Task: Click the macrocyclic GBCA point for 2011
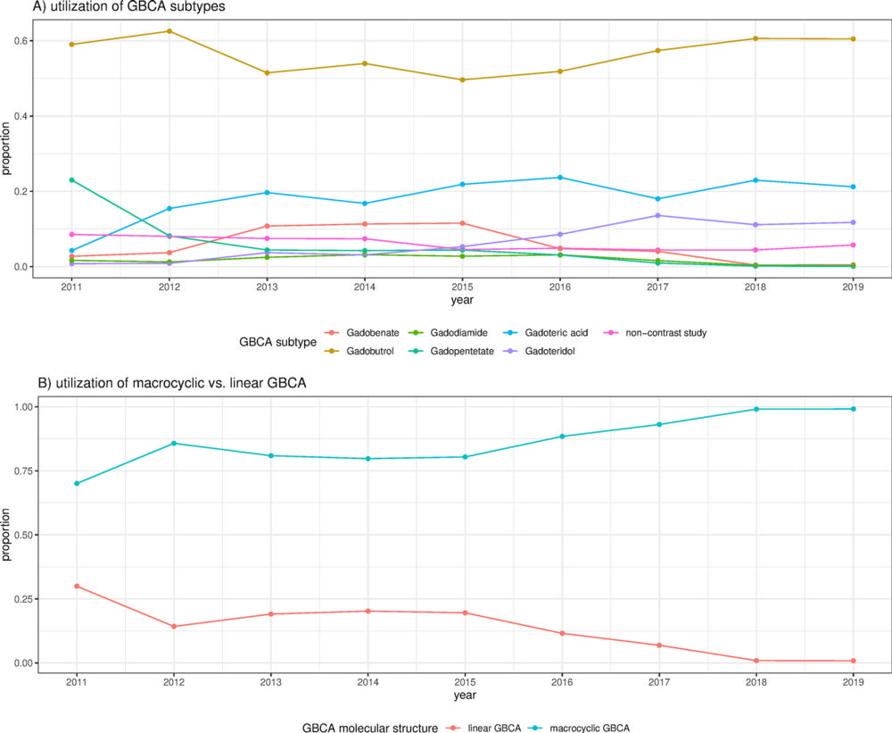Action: [76, 483]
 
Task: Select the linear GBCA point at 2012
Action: [173, 626]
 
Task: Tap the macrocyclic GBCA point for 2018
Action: [756, 409]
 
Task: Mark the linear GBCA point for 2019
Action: [854, 661]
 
